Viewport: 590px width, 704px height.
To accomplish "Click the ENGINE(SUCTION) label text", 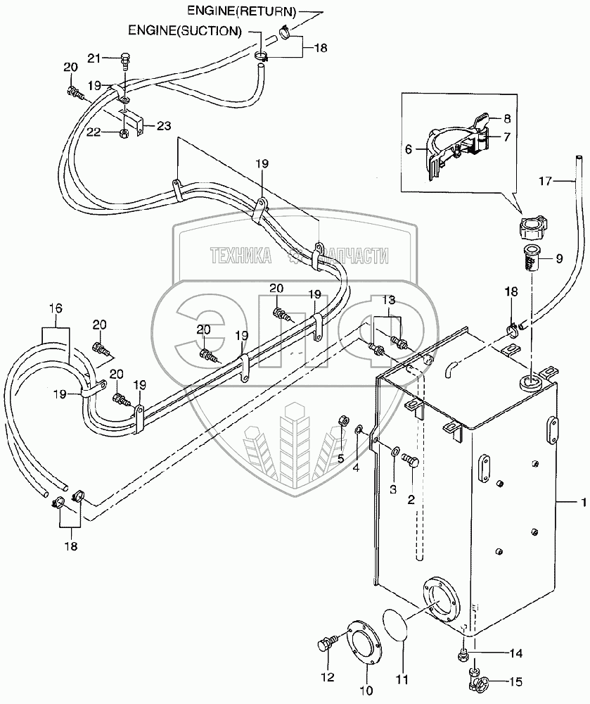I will (x=185, y=31).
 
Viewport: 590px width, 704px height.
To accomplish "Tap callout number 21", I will (x=94, y=58).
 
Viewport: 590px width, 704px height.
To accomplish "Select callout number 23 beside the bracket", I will (x=163, y=127).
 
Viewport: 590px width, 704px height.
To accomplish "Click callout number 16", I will (x=56, y=308).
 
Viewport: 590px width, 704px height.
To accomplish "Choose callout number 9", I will (x=559, y=258).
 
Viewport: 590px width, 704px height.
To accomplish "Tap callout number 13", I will (x=388, y=301).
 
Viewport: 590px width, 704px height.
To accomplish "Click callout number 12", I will (x=328, y=677).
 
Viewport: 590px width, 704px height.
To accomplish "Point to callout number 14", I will (x=517, y=653).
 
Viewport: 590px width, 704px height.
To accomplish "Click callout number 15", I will (x=517, y=681).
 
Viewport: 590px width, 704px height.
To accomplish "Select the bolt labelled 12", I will (x=326, y=646).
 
